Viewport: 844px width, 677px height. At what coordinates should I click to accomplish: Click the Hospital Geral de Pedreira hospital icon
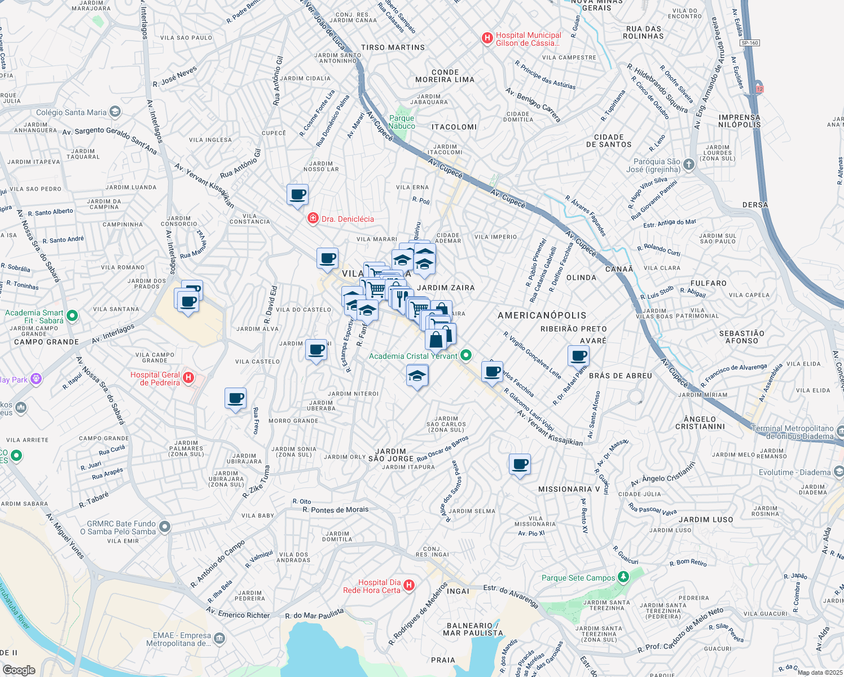189,378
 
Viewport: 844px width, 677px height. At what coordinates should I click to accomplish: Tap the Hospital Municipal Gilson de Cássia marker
487,38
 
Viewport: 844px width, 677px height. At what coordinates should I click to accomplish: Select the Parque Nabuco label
402,122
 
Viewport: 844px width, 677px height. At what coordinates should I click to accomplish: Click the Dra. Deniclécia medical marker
313,218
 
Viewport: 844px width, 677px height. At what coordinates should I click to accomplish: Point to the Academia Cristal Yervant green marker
466,355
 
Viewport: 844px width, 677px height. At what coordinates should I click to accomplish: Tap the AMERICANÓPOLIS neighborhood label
542,315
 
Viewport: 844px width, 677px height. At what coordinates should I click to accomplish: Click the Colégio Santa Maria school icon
115,112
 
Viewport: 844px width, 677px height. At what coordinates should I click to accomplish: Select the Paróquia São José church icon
688,165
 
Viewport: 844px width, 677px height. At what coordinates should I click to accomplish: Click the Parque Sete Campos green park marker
623,577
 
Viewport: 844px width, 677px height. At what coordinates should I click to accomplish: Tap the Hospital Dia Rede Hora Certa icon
410,586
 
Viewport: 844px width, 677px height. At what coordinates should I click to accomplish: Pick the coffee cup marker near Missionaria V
520,465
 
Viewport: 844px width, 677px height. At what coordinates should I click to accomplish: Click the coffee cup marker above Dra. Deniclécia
297,195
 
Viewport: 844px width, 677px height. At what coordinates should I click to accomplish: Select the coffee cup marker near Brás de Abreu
578,356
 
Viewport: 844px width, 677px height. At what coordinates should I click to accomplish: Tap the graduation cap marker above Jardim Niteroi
417,376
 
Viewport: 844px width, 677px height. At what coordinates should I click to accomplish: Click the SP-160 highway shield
750,43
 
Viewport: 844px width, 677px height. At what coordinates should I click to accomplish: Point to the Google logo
19,670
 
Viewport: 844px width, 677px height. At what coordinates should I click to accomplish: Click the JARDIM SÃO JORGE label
391,455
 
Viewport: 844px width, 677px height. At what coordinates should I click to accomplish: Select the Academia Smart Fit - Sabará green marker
72,316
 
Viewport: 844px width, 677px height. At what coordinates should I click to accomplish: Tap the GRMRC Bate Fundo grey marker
165,527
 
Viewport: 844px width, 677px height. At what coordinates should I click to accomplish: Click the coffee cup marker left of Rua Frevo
235,399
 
